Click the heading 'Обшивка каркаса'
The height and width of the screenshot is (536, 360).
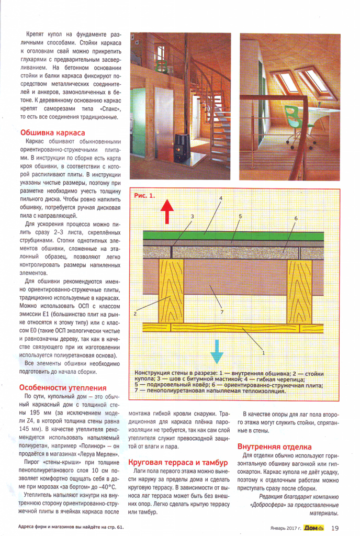click(x=52, y=133)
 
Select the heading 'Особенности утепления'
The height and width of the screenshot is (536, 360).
click(x=63, y=388)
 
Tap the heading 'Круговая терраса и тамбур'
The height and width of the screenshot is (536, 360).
click(x=177, y=463)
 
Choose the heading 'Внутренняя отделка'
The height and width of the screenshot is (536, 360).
click(x=274, y=447)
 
